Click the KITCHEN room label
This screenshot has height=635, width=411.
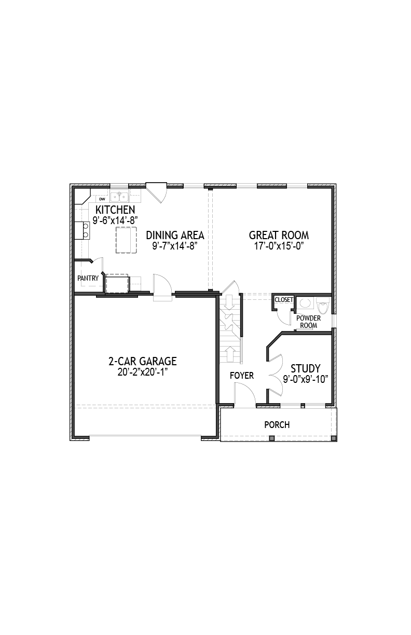click(115, 210)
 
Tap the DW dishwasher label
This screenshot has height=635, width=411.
click(102, 199)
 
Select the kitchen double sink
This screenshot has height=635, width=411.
click(119, 196)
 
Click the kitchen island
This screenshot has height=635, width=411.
click(126, 240)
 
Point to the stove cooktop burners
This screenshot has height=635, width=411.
click(86, 230)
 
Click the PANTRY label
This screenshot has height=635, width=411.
click(88, 278)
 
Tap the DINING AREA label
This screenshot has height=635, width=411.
click(175, 235)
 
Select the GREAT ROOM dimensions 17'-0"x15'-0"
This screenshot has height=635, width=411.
click(279, 246)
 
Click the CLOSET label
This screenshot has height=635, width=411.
click(284, 300)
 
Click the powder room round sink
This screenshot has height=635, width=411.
click(305, 303)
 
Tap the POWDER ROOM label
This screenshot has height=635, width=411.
click(309, 322)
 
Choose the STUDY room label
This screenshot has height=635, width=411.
click(306, 368)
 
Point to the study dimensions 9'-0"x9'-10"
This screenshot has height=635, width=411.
click(306, 379)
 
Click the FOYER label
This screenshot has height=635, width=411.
click(242, 376)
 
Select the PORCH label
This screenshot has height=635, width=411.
click(277, 425)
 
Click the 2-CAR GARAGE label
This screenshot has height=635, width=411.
click(143, 361)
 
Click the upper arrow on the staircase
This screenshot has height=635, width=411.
click(229, 304)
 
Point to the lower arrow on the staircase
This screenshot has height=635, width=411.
click(230, 354)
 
